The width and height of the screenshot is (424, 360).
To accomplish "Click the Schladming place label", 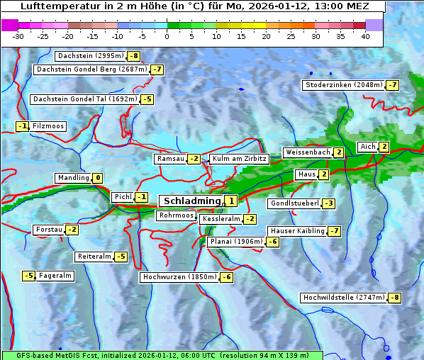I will (x=191, y=201).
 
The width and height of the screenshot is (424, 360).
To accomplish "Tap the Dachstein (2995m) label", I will (x=90, y=56).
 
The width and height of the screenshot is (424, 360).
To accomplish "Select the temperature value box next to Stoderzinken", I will (x=392, y=85).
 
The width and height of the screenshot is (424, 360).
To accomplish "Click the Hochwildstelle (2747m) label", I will (x=343, y=298).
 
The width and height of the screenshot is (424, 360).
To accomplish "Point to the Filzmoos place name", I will (x=48, y=126).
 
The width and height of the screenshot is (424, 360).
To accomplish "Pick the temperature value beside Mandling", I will (x=98, y=178).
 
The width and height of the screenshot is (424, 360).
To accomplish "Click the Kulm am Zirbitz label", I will (x=239, y=159).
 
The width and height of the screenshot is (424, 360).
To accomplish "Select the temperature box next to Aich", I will (x=384, y=147).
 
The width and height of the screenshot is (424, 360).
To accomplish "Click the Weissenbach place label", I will (x=307, y=152).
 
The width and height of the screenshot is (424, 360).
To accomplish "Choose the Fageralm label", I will (x=55, y=276).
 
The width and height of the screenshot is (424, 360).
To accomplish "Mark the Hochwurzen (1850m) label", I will (x=179, y=277).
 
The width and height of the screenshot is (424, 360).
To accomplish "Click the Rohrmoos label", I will (x=176, y=215).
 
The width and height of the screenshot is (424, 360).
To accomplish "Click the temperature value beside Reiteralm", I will (x=121, y=257).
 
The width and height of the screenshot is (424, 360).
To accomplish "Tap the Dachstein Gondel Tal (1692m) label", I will (x=84, y=99).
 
